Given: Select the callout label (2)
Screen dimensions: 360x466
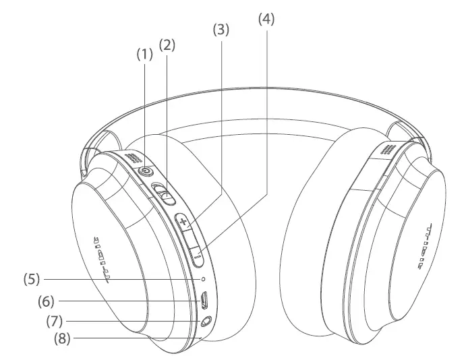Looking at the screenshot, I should point(167,45).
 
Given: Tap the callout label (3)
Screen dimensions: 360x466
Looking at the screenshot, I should point(221,30).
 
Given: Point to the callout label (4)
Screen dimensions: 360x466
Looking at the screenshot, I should point(266,19).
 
